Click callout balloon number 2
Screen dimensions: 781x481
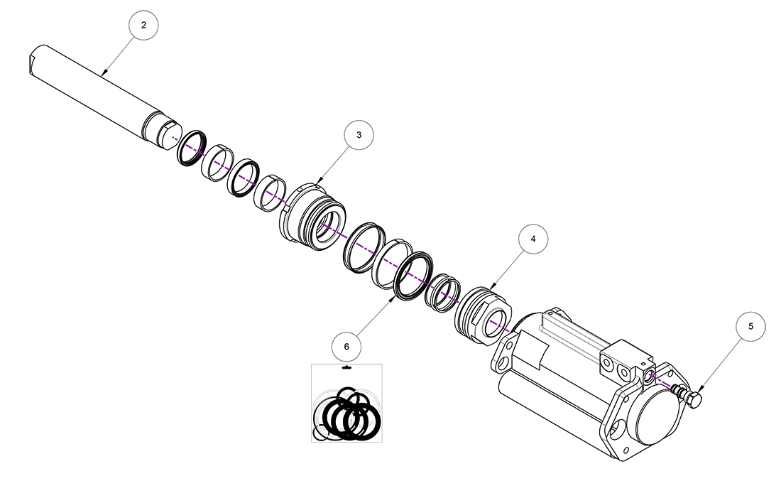point(143,25)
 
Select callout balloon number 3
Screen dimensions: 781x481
point(359,134)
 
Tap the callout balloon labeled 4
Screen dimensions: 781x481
point(533,239)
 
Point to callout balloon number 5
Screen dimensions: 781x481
point(750,327)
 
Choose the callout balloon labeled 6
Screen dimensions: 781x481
point(346,347)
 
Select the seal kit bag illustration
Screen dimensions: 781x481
point(346,403)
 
